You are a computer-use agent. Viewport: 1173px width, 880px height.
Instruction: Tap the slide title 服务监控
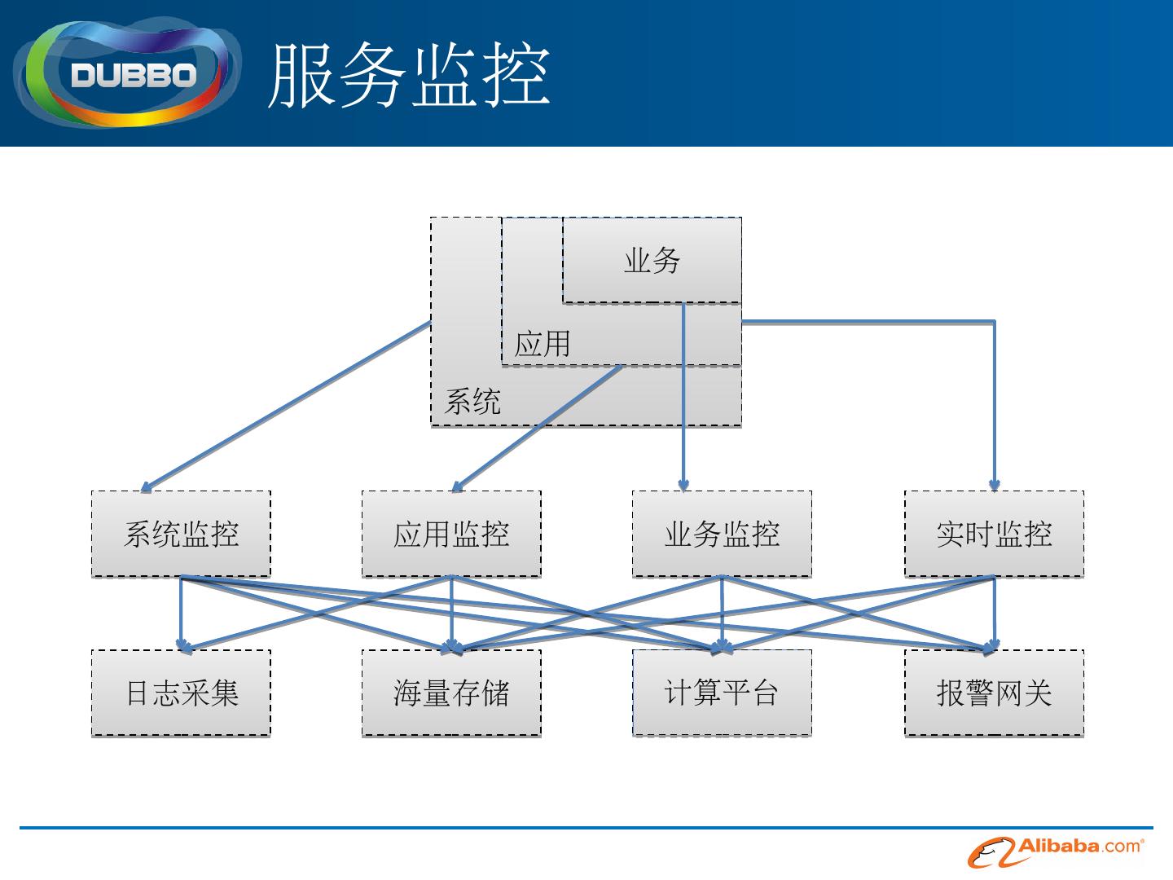point(409,76)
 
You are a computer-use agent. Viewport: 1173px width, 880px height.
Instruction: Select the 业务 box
point(652,261)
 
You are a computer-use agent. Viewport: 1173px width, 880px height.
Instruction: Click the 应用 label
point(542,344)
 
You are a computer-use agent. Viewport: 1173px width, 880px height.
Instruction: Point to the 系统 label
point(472,402)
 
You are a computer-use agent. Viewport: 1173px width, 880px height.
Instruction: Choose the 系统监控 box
point(181,535)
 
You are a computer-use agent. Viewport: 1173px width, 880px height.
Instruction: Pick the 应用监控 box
point(451,535)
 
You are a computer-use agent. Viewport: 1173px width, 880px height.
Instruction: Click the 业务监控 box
point(722,535)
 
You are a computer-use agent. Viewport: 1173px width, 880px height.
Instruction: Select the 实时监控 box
point(994,535)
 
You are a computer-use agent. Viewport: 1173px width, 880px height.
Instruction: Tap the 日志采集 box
point(181,693)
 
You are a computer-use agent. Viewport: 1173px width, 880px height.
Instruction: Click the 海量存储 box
point(451,693)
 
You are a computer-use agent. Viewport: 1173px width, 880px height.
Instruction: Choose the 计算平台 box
point(722,693)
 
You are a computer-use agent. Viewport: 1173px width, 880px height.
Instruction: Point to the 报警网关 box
point(994,693)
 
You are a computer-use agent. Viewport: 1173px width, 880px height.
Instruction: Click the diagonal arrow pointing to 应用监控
point(538,428)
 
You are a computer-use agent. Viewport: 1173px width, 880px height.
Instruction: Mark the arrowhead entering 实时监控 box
point(995,486)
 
